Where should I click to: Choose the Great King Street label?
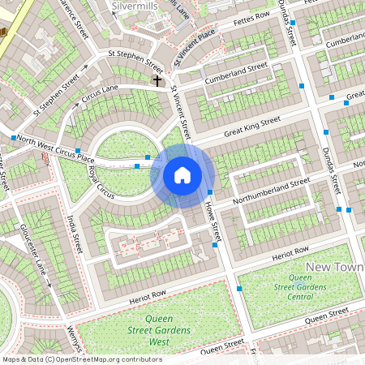(251, 127)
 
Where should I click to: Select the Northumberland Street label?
(271, 191)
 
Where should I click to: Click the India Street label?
(75, 233)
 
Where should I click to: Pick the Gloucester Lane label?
(36, 243)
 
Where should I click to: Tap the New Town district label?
(334, 267)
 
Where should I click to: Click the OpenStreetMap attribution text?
(81, 359)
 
